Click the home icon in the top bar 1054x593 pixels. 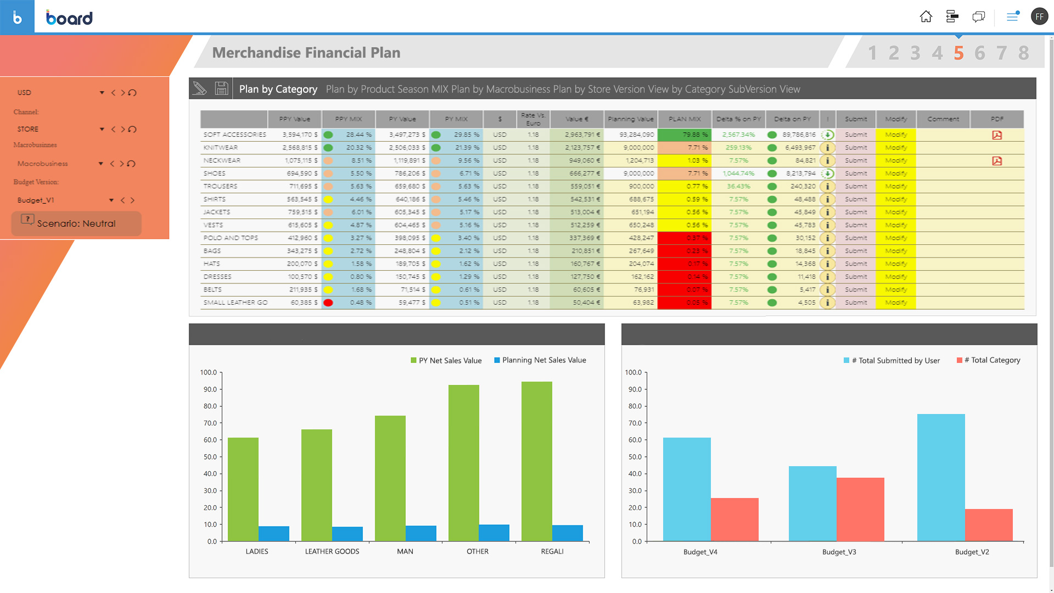[x=926, y=17]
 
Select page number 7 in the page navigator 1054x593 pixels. [x=1001, y=53]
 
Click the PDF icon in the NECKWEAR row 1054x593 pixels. [x=997, y=161]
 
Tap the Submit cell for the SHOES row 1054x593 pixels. [x=856, y=174]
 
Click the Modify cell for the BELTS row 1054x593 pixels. [x=896, y=289]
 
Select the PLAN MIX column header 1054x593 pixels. [x=685, y=119]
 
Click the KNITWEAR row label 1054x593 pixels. [x=221, y=148]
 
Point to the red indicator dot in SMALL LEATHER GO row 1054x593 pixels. [x=328, y=303]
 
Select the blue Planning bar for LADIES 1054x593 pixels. [x=273, y=533]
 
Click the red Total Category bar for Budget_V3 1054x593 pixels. [x=860, y=509]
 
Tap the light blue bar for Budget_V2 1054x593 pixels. [x=940, y=477]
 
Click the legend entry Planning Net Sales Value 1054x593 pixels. [x=543, y=360]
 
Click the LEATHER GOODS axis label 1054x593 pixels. [x=332, y=551]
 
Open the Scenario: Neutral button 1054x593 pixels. [x=76, y=223]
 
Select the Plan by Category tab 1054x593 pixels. [x=278, y=89]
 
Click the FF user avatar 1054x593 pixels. [x=1039, y=16]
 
